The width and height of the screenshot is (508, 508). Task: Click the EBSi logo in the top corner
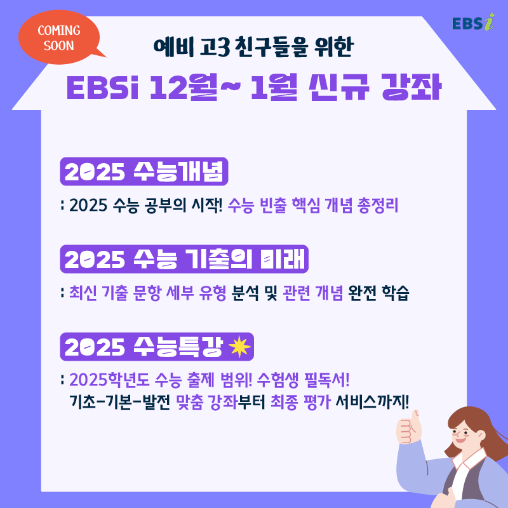[472, 22]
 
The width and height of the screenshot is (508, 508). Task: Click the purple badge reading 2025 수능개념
[145, 171]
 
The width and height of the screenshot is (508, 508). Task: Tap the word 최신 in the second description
[83, 293]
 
